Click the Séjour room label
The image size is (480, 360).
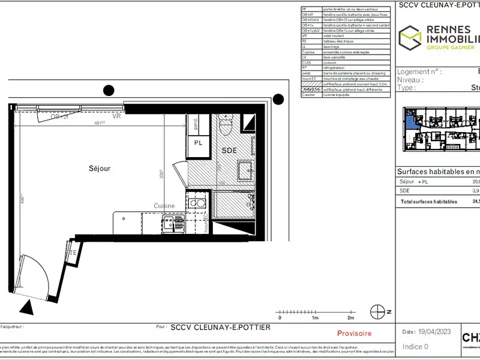100,169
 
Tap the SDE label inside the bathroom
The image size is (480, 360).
229,150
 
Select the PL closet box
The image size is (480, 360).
198,142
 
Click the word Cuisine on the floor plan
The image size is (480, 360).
164,206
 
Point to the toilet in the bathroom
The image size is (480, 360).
226,125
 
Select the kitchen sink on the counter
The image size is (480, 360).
196,203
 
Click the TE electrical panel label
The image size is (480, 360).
73,253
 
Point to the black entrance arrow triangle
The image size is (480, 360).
26,308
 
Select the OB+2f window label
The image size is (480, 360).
58,117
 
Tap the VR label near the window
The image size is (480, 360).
116,117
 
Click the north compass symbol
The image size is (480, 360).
378,312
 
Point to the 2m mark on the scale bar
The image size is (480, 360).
350,317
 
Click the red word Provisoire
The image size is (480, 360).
354,333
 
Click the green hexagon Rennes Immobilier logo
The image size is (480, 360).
411,37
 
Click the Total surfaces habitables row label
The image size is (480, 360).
428,202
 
